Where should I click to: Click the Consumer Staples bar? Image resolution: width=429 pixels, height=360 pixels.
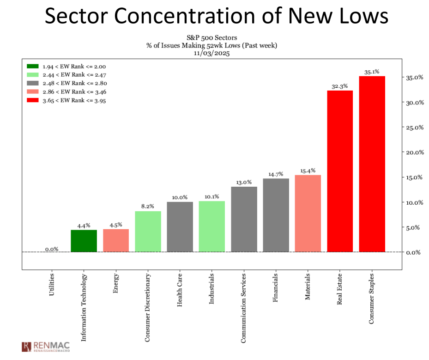372,164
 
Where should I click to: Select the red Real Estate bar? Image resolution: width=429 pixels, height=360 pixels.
340,171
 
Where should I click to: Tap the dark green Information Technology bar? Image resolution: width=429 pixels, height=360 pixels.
84,241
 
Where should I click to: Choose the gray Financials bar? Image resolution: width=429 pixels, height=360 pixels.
276,215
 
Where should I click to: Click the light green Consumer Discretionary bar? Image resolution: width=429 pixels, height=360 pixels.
148,232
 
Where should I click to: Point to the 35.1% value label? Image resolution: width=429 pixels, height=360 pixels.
372,72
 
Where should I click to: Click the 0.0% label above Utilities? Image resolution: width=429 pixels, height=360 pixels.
52,249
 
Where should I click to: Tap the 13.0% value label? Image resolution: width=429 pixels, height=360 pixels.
244,182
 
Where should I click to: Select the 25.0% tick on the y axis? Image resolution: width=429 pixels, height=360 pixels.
414,128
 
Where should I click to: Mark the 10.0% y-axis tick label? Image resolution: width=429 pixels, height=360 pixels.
414,202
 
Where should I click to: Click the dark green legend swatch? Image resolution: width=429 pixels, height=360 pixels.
33,66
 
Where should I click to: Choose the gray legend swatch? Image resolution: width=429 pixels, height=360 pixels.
33,83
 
